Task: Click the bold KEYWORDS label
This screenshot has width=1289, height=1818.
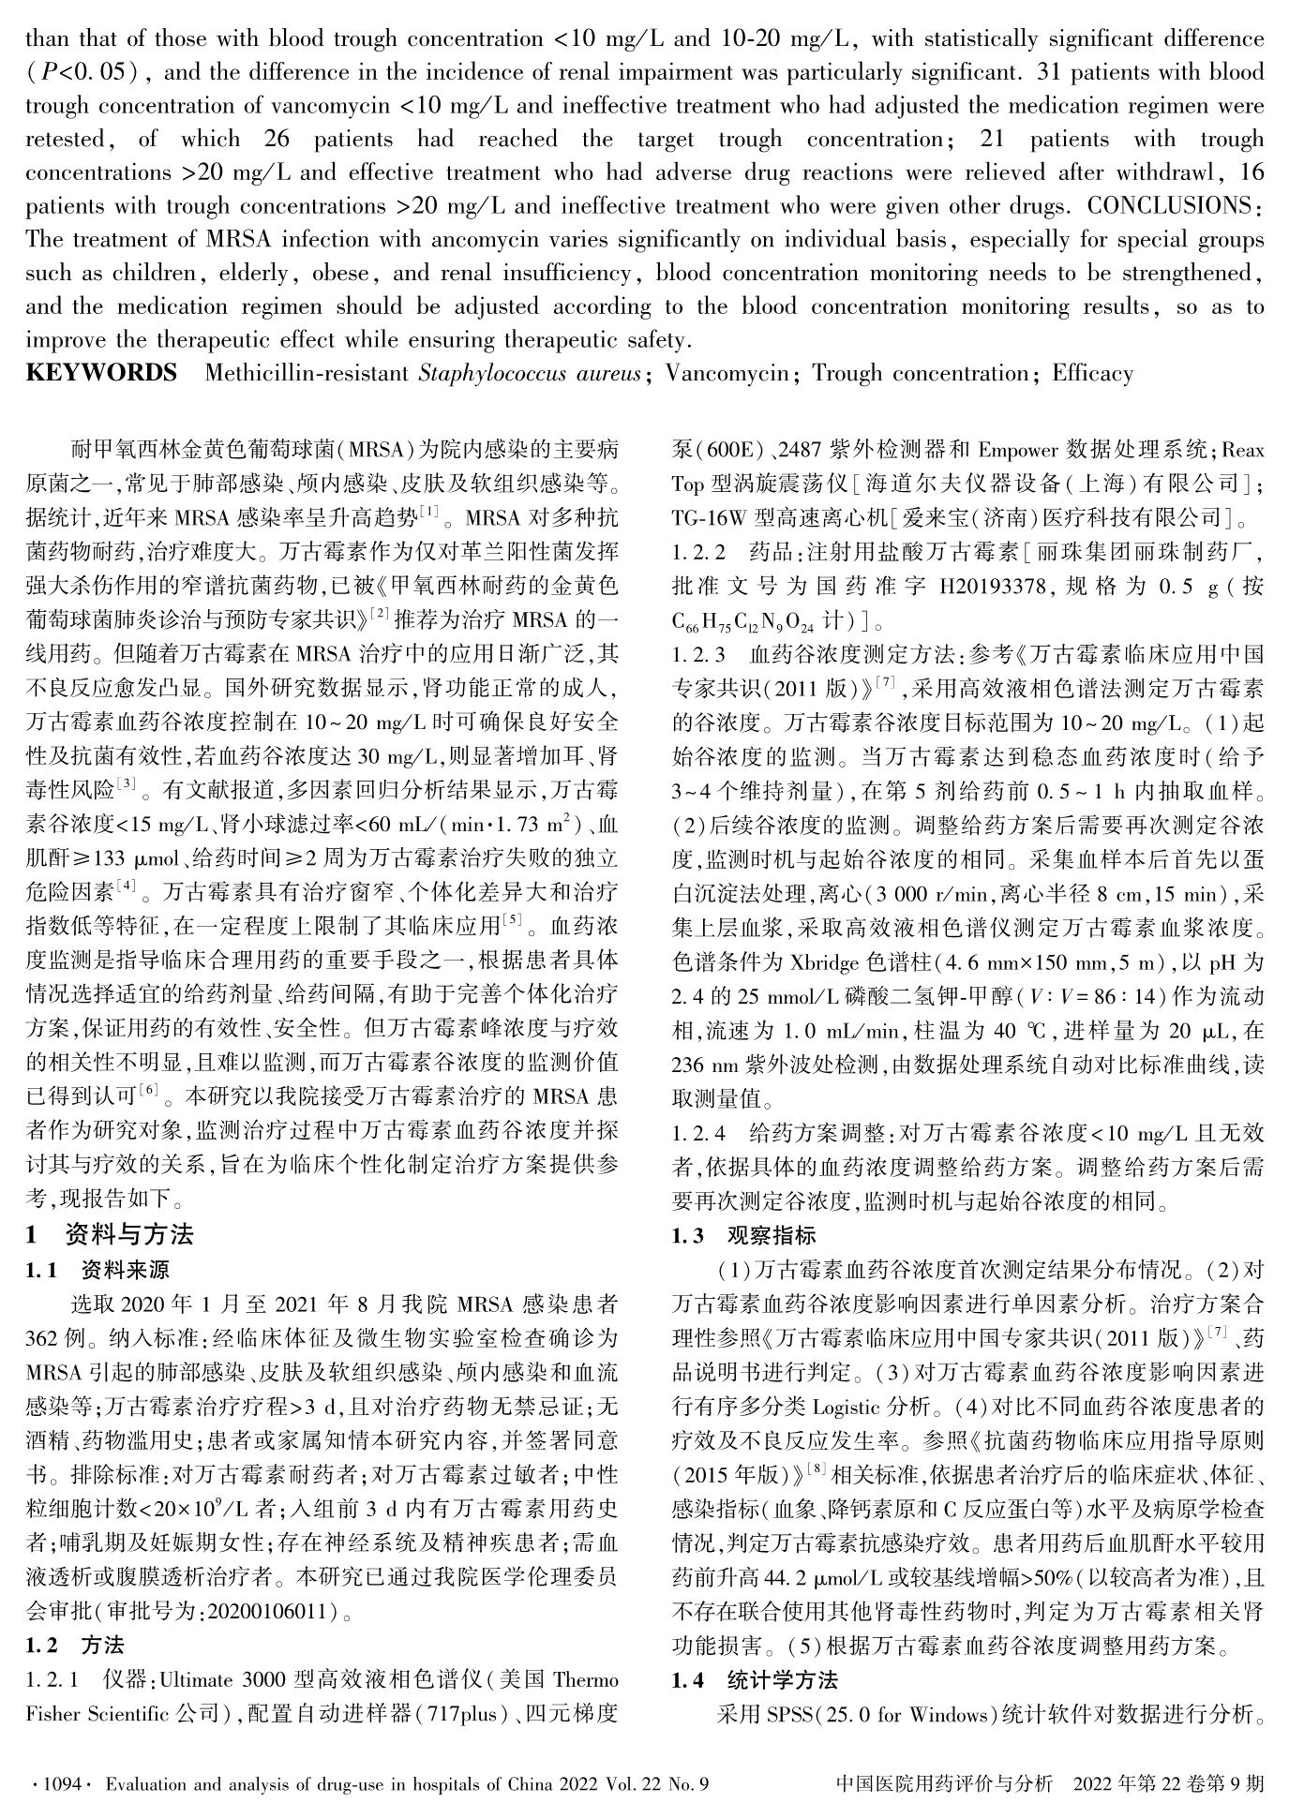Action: [x=100, y=374]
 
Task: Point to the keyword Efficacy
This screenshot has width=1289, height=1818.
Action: [x=1092, y=374]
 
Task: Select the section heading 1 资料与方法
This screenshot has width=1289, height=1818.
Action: [x=110, y=1234]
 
